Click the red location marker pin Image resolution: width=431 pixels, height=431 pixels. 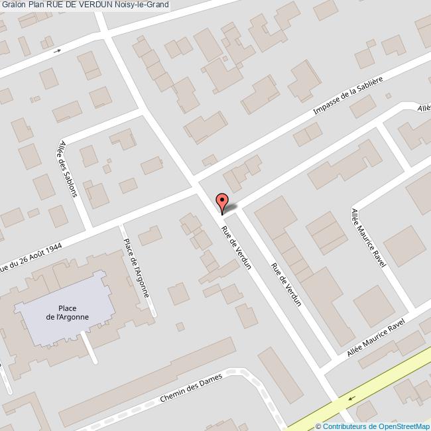[x=222, y=202]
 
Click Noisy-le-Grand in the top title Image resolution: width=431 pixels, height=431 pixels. [x=141, y=5]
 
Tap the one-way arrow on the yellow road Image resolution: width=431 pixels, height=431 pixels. [x=351, y=399]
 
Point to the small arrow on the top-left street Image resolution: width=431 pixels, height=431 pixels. [x=58, y=50]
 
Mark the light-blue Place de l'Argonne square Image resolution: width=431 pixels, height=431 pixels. [x=63, y=298]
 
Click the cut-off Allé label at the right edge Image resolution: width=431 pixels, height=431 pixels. [x=424, y=108]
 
